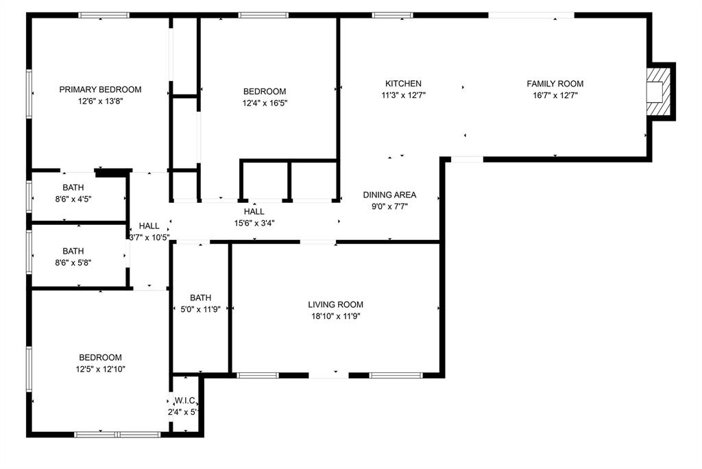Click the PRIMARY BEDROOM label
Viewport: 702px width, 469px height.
click(100, 89)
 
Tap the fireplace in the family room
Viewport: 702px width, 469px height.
click(657, 92)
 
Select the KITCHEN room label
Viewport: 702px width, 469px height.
click(403, 84)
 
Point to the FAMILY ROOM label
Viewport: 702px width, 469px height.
click(555, 84)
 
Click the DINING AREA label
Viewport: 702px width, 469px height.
click(389, 195)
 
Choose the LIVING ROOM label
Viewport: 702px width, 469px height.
click(335, 304)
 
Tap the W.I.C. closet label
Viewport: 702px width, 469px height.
click(186, 400)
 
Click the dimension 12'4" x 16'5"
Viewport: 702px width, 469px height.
click(265, 104)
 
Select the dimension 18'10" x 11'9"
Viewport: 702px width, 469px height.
click(335, 316)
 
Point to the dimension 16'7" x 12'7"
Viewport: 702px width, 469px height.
click(555, 95)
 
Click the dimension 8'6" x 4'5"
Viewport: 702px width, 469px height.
click(73, 200)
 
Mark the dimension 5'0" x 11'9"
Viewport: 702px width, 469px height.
click(200, 309)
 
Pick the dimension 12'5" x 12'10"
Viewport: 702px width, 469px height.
click(100, 369)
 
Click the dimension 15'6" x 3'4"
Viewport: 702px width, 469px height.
click(254, 223)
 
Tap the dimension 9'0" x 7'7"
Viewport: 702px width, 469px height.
click(389, 206)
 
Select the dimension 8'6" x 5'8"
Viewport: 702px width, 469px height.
click(73, 263)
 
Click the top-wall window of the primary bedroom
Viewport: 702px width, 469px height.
click(104, 15)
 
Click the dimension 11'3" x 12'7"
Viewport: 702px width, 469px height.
click(403, 95)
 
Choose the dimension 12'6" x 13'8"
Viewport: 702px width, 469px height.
click(100, 101)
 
